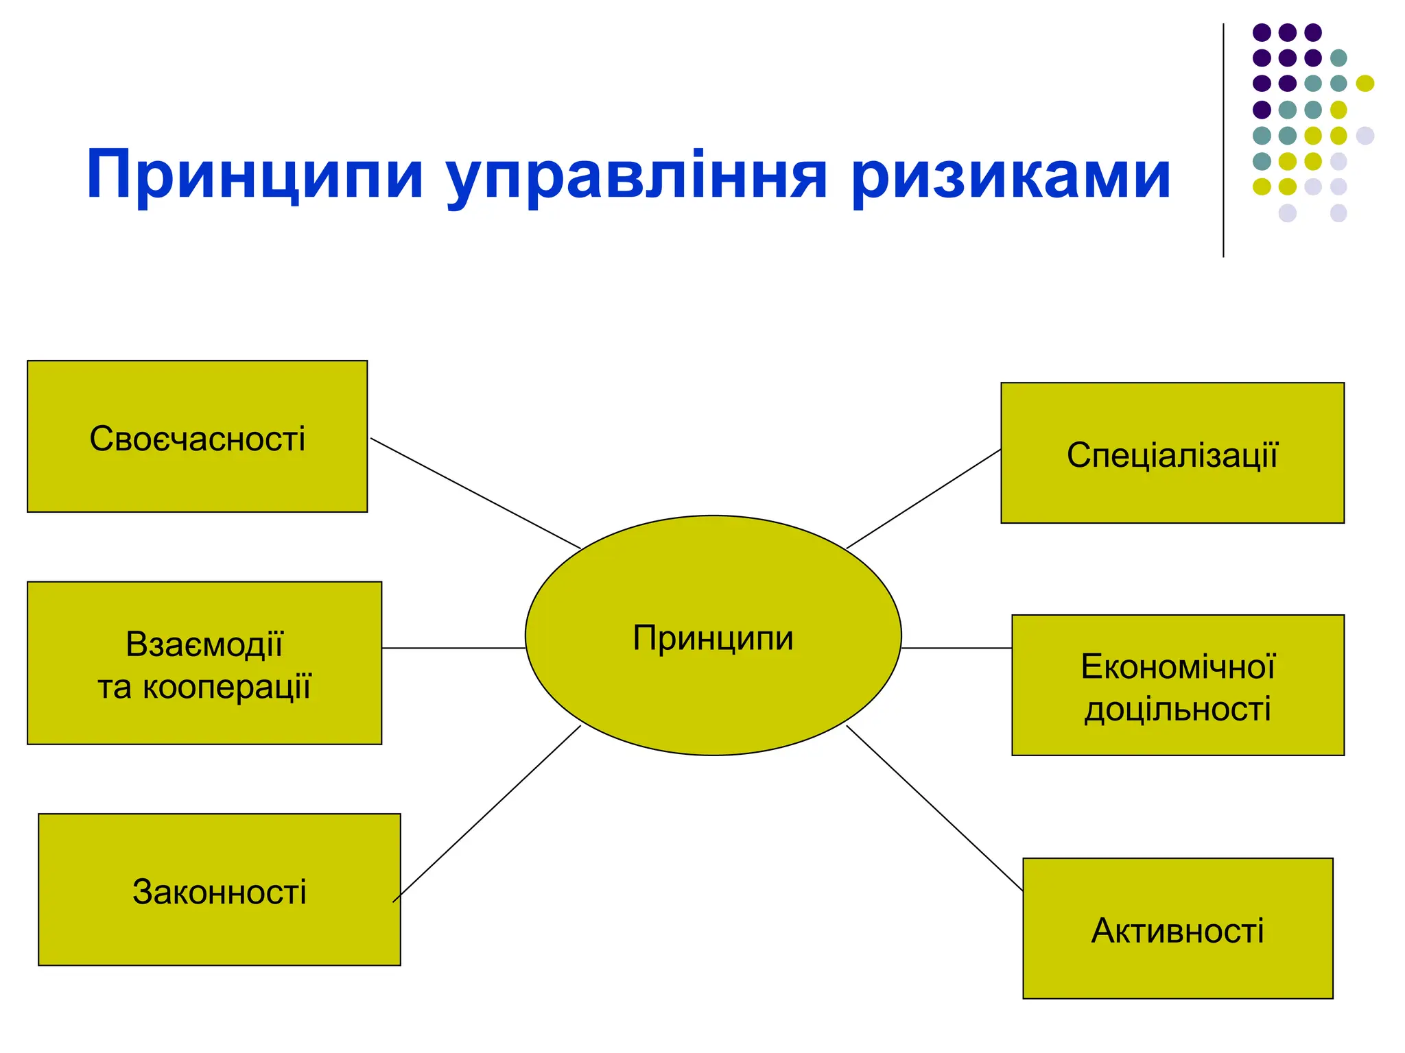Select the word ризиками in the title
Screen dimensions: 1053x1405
1010,177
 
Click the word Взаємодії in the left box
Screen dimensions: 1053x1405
204,644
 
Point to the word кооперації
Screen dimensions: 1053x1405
227,687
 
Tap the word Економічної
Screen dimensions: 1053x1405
1177,666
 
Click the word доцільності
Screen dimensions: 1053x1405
1177,709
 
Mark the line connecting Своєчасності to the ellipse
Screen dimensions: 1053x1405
475,493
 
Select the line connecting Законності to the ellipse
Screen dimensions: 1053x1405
487,813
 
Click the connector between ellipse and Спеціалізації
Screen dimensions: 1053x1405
923,498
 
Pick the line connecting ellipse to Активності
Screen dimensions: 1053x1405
934,808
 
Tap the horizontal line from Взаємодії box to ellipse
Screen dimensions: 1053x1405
453,648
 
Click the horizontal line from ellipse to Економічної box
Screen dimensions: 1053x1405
956,648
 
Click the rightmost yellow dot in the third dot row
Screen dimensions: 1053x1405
1365,84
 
